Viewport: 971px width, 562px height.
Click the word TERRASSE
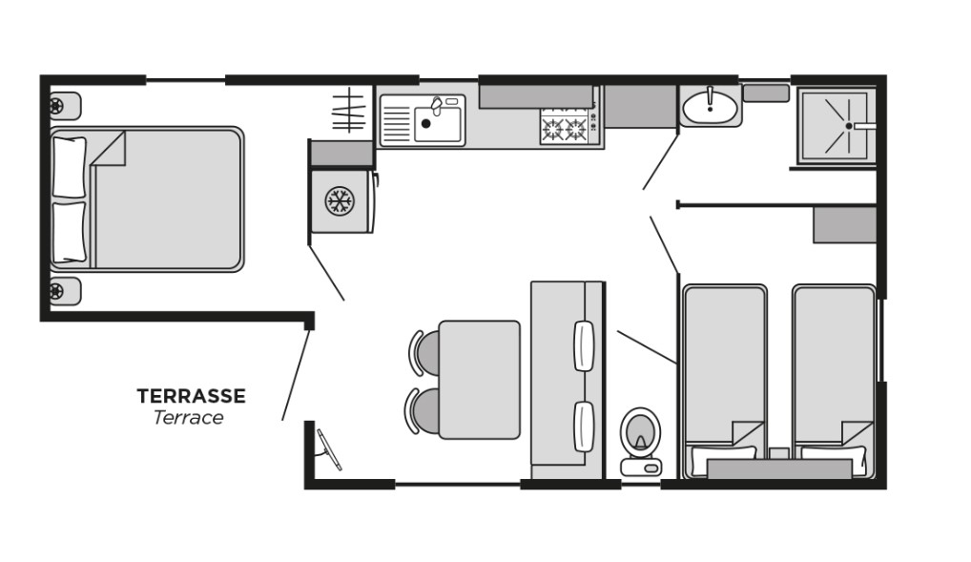pyautogui.click(x=192, y=396)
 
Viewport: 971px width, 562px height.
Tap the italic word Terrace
pyautogui.click(x=188, y=418)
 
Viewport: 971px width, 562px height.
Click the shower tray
pyautogui.click(x=837, y=125)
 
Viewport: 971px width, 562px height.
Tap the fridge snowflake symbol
pyautogui.click(x=340, y=201)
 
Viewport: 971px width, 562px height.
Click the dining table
pyautogui.click(x=480, y=379)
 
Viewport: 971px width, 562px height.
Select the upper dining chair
pyautogui.click(x=424, y=353)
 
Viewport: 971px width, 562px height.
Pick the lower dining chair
pyautogui.click(x=423, y=411)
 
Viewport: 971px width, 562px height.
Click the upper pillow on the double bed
pyautogui.click(x=70, y=167)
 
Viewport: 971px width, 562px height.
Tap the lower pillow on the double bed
pyautogui.click(x=70, y=233)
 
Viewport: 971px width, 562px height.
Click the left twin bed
pyautogui.click(x=725, y=381)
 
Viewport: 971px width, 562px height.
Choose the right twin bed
pyautogui.click(x=835, y=381)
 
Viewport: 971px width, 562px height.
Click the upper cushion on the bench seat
pyautogui.click(x=584, y=345)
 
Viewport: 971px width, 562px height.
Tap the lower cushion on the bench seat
pyautogui.click(x=584, y=427)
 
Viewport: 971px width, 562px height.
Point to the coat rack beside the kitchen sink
pyautogui.click(x=349, y=111)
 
